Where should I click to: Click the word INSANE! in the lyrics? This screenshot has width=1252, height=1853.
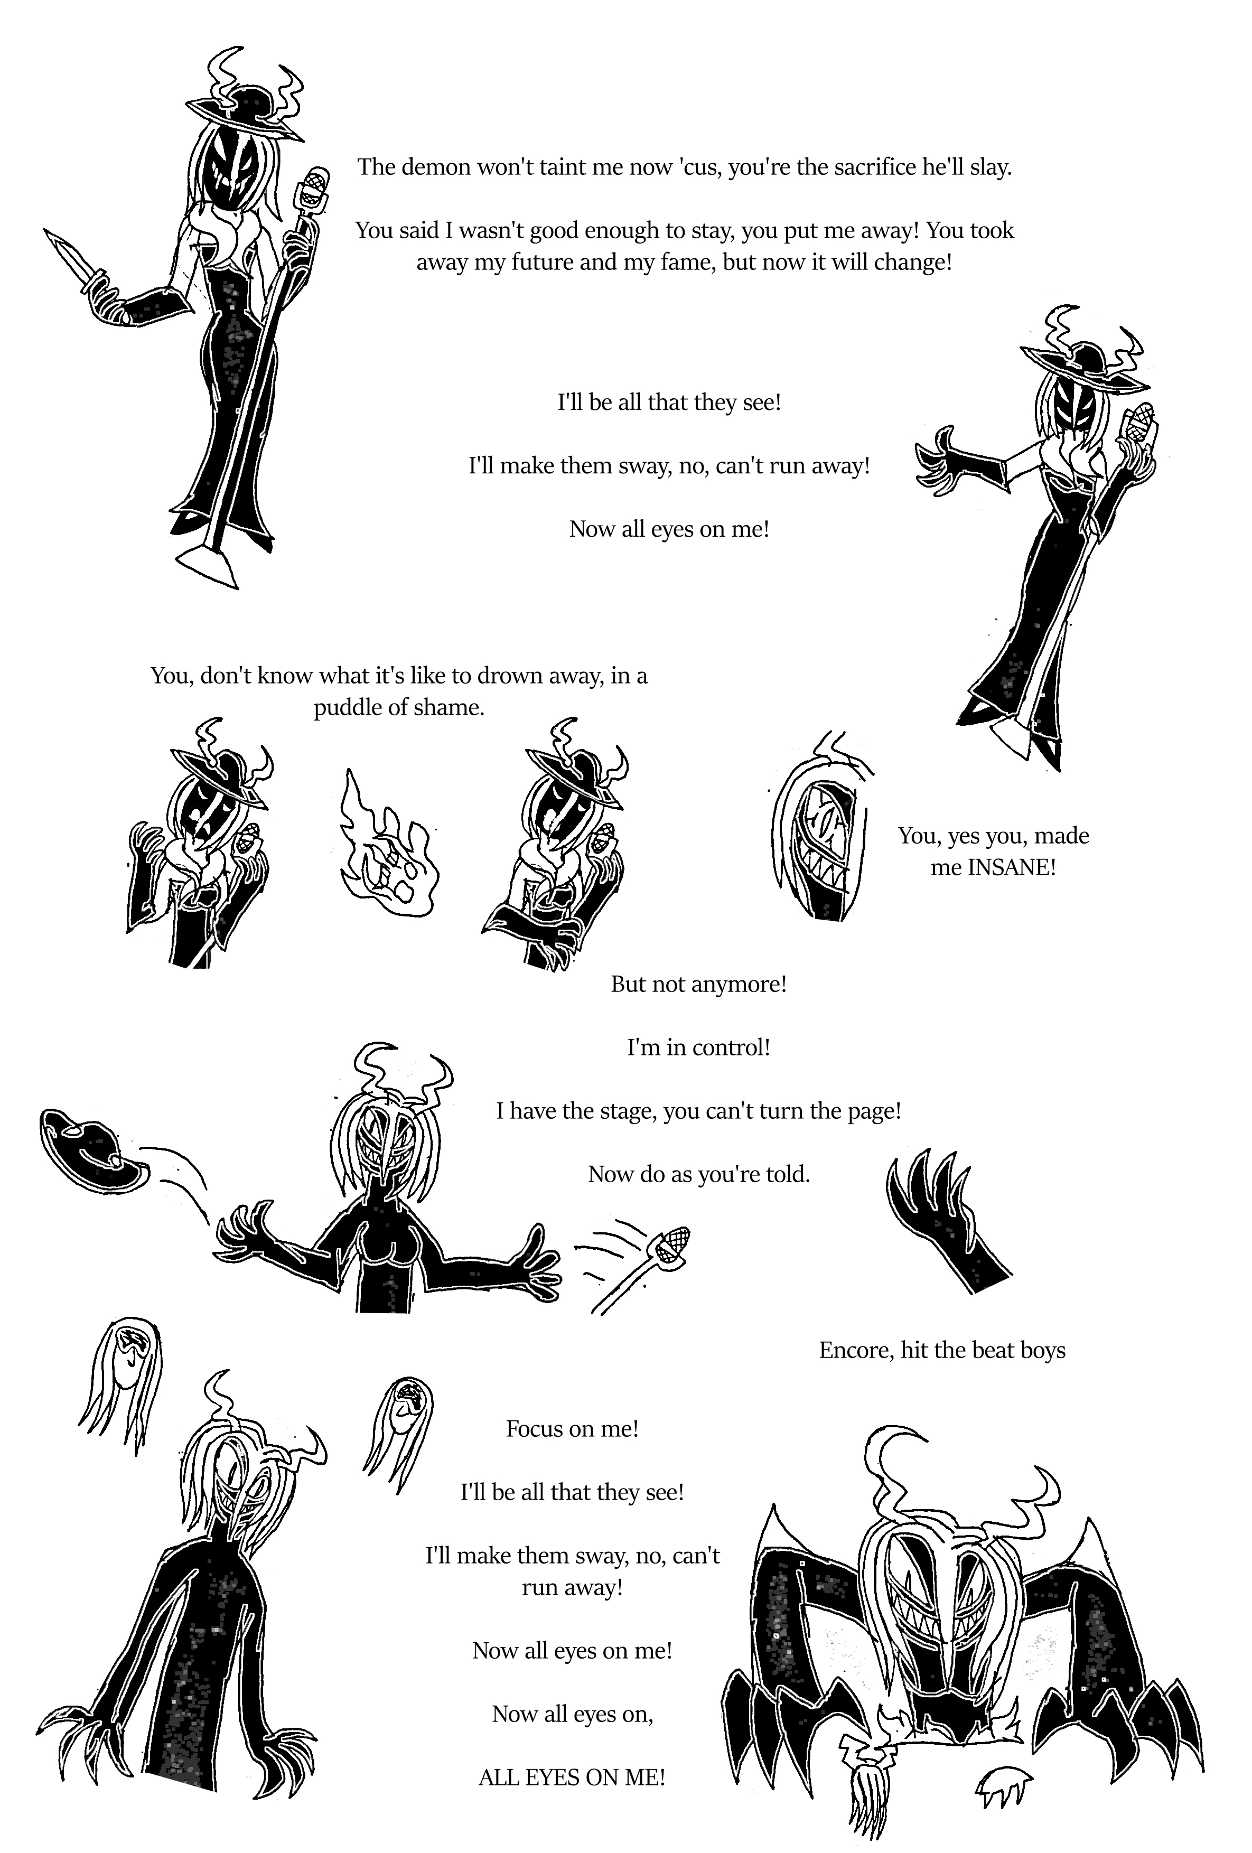(1011, 867)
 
